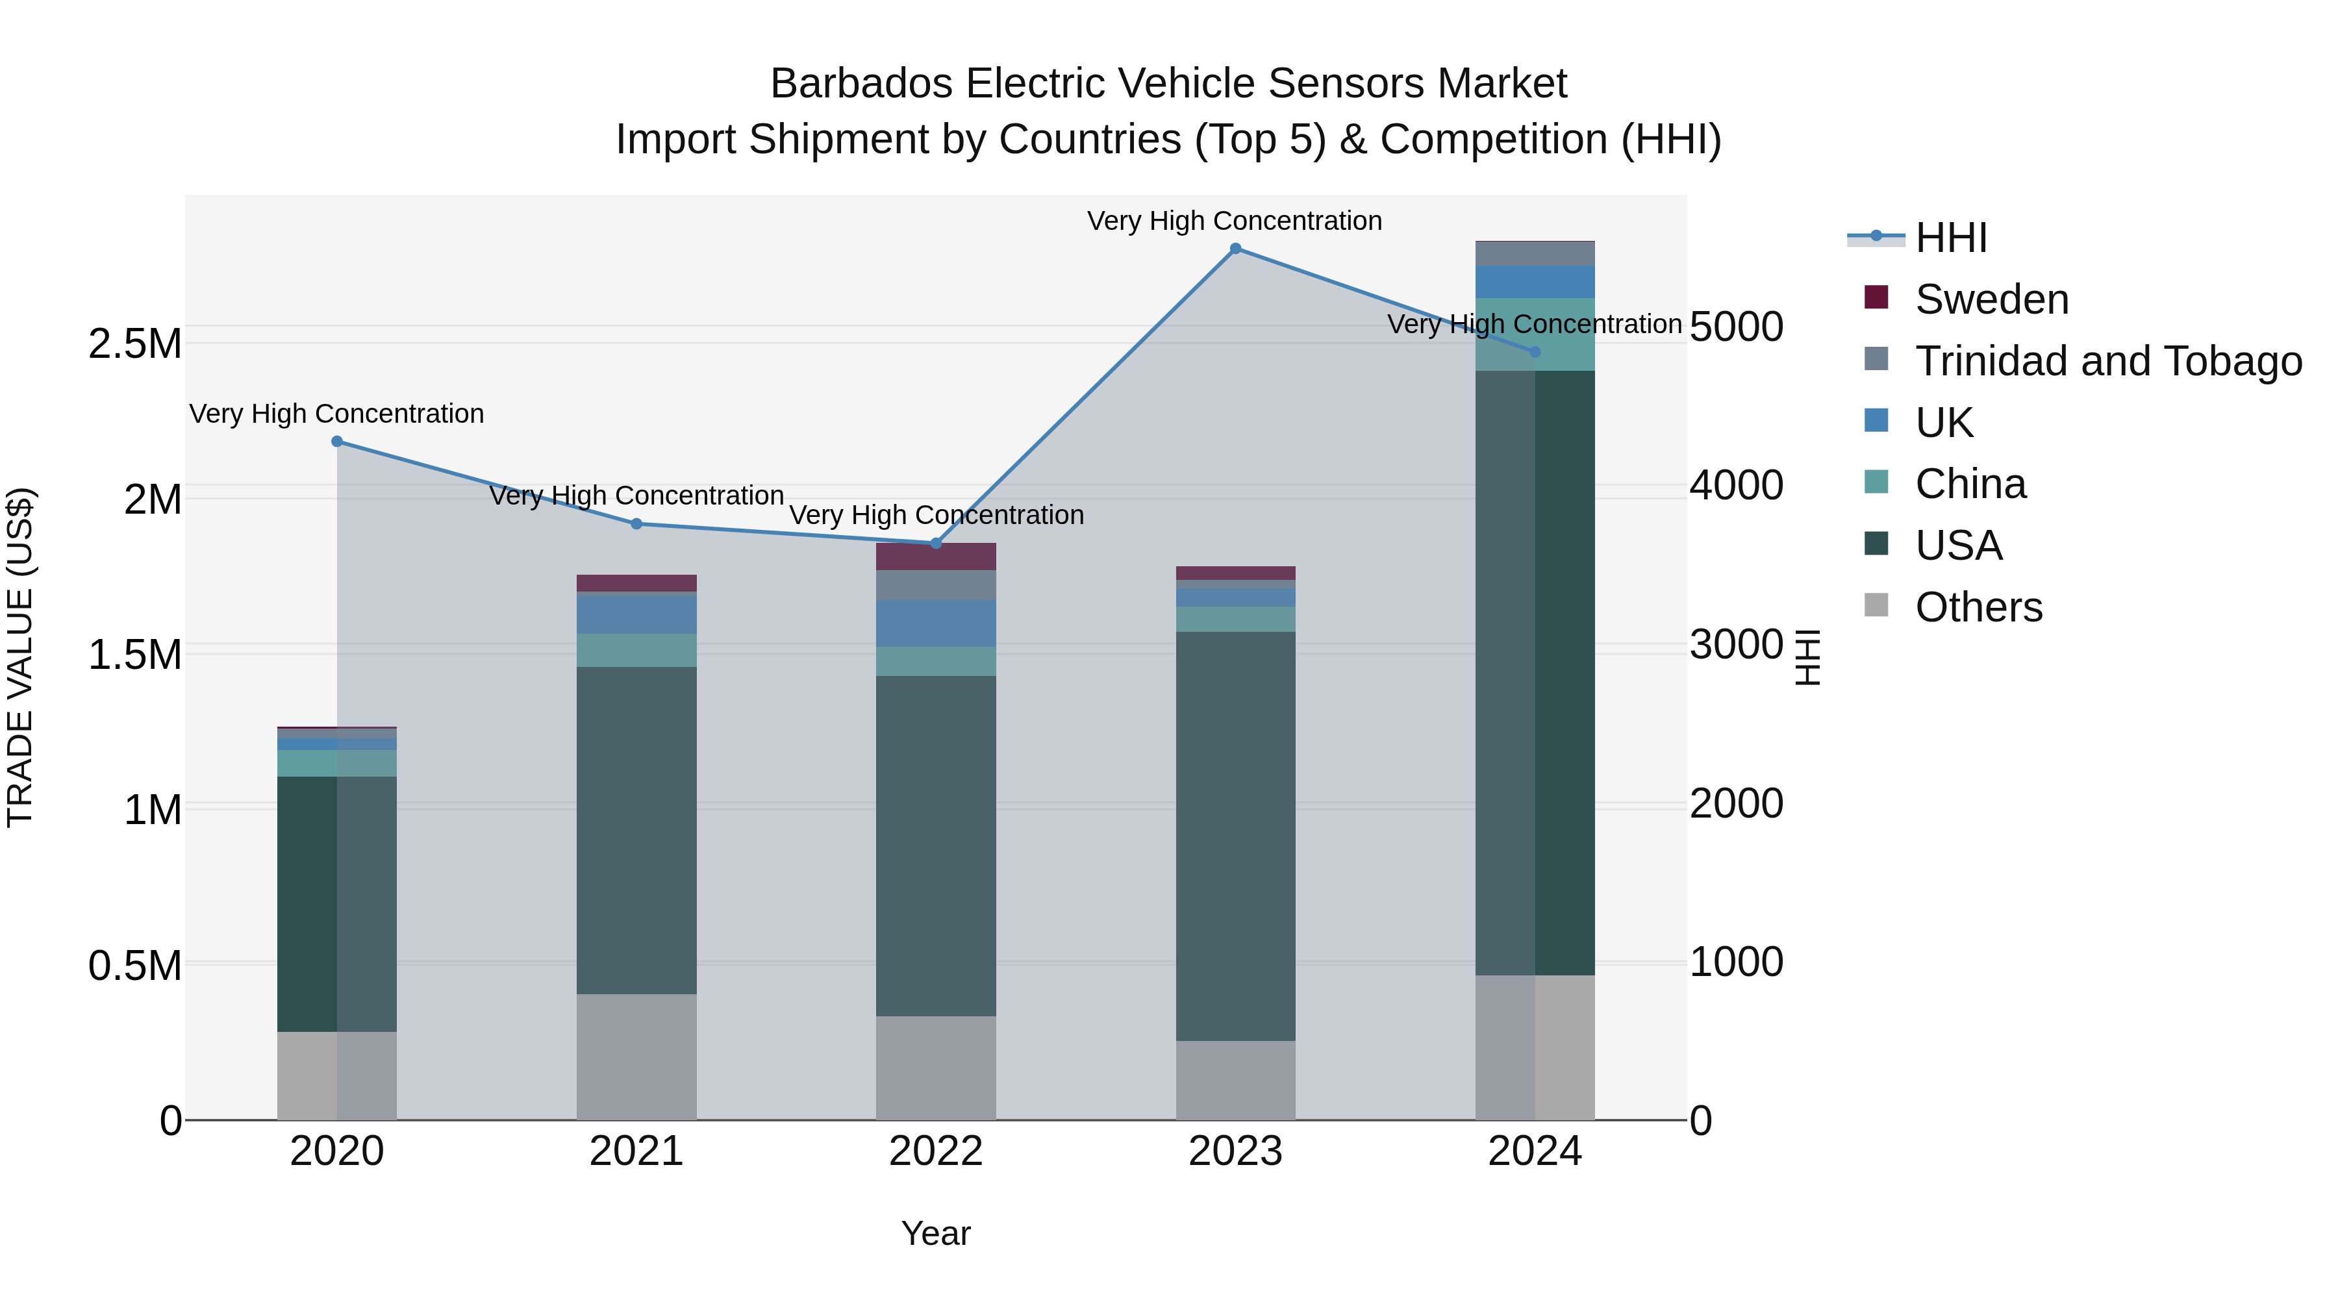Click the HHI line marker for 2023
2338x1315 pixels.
coord(1235,249)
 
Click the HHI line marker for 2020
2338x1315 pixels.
coord(336,441)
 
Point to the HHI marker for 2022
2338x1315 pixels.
coord(936,544)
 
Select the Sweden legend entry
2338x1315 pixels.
coord(1991,299)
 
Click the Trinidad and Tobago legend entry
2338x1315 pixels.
coord(2107,361)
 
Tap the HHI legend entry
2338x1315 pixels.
coord(1950,238)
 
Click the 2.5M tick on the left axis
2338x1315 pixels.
coord(134,344)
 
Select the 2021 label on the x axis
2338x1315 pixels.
coord(636,1151)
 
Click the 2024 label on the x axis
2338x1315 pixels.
coord(1535,1151)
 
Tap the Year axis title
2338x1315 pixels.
coord(936,1233)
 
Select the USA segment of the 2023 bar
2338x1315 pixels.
coord(1235,835)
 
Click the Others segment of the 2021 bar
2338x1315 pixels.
coord(636,1057)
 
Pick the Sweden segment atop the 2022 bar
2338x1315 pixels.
coord(936,557)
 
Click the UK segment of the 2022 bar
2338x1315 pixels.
coord(936,623)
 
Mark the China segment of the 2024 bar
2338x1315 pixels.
coord(1535,334)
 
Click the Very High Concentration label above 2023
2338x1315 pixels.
coord(1235,221)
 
